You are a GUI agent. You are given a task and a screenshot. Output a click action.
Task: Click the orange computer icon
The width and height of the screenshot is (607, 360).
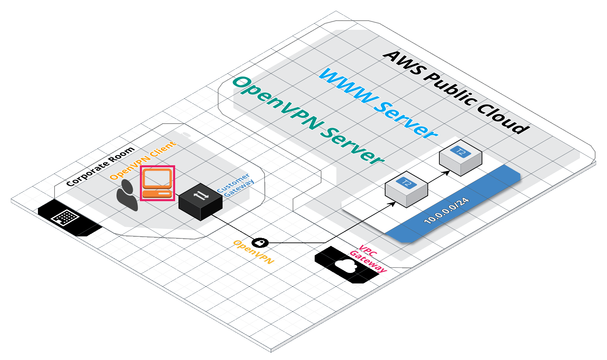(157, 183)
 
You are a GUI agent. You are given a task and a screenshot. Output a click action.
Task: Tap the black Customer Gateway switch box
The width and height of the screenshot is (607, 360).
(201, 202)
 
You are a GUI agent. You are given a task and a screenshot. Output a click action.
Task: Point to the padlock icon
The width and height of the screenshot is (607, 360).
(260, 243)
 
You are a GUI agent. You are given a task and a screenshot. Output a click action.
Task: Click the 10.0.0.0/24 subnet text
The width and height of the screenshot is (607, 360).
(447, 210)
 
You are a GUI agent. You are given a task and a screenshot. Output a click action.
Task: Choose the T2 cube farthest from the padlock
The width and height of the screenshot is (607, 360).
(461, 158)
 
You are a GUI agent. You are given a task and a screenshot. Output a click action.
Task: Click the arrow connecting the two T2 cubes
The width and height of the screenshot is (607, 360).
(439, 177)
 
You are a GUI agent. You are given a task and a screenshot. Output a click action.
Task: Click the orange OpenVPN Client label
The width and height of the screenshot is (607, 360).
(143, 160)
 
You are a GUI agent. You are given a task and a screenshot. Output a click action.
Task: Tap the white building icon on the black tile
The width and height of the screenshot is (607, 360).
(65, 217)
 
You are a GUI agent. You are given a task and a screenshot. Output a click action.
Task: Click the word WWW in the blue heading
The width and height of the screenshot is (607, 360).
(349, 86)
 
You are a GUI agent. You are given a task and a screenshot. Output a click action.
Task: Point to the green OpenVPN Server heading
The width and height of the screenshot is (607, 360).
(308, 120)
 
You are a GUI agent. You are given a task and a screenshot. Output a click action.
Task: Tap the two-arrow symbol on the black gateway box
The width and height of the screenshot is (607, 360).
(201, 195)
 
